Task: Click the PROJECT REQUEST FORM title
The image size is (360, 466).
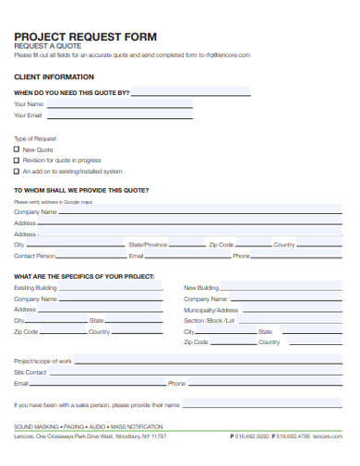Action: point(85,36)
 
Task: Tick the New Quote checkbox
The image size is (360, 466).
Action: point(17,149)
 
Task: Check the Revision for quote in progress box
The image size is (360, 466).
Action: point(17,161)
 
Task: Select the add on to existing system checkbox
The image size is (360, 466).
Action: point(17,172)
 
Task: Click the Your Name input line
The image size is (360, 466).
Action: point(120,104)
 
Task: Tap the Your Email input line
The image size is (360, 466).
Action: point(120,116)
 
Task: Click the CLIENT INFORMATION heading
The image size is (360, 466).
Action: point(54,77)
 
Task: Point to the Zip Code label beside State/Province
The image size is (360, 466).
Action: point(221,245)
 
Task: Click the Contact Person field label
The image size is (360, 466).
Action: point(34,256)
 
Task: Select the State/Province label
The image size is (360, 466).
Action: point(148,245)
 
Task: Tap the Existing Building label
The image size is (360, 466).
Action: point(35,288)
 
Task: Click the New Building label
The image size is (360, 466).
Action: point(201,288)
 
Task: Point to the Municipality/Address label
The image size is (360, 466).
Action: point(210,310)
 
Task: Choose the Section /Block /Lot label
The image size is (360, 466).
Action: point(210,320)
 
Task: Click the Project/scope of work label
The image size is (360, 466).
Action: point(42,360)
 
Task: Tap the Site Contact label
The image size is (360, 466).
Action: point(30,372)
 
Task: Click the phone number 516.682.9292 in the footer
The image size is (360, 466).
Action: point(251,436)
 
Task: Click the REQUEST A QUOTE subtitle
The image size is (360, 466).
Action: point(48,45)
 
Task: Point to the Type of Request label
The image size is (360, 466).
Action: point(35,138)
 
